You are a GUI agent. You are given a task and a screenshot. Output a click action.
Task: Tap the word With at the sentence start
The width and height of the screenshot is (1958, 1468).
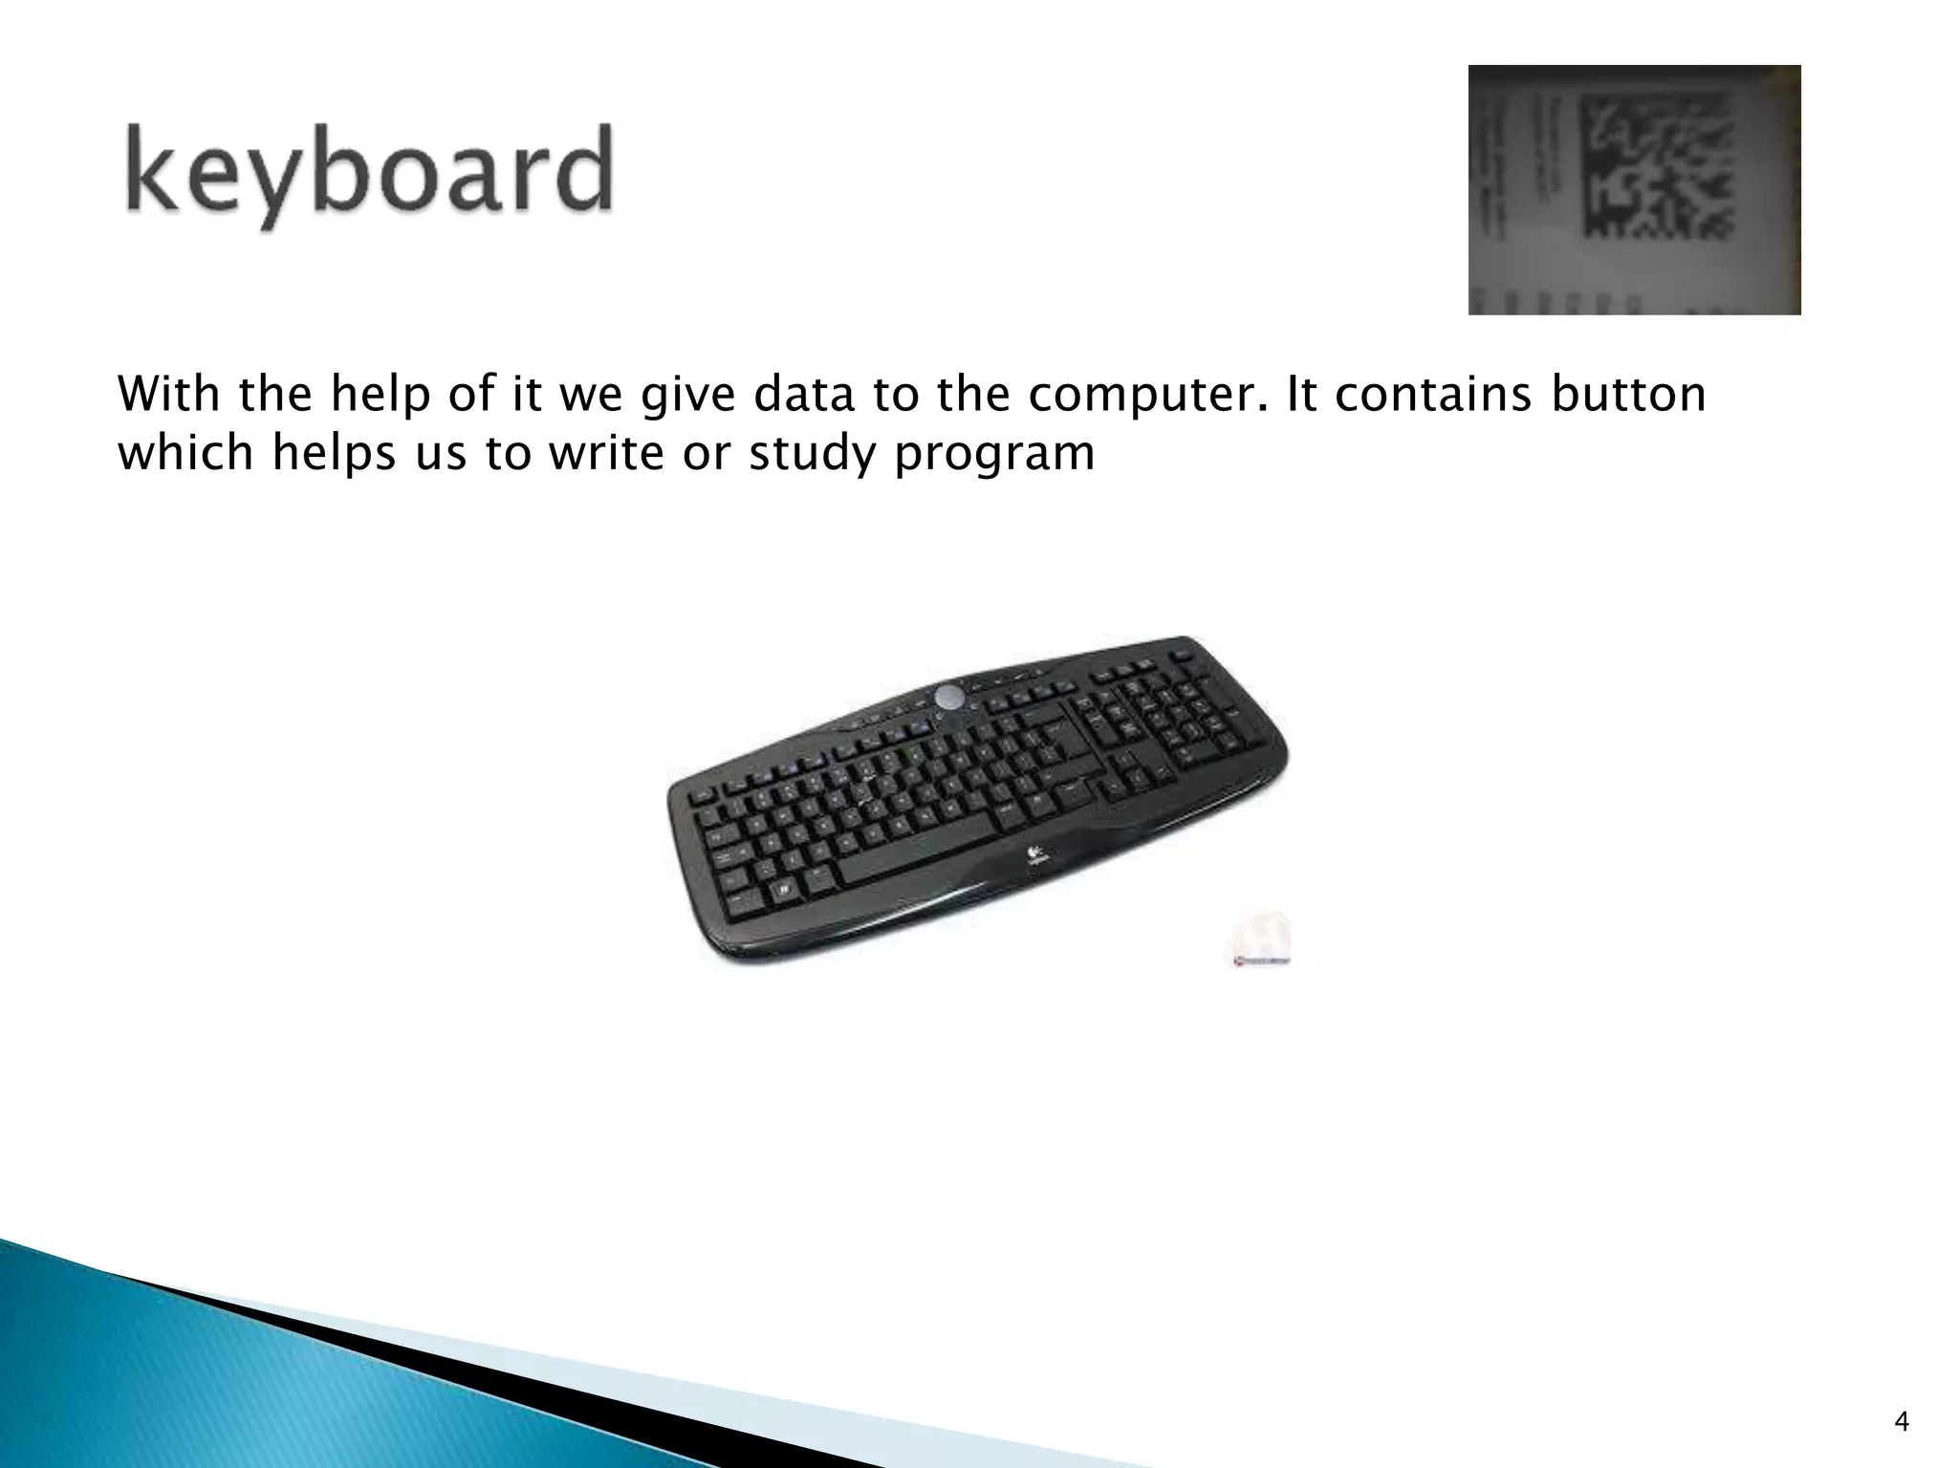click(x=170, y=394)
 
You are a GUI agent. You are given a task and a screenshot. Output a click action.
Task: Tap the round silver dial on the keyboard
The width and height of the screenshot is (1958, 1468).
click(x=950, y=697)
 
